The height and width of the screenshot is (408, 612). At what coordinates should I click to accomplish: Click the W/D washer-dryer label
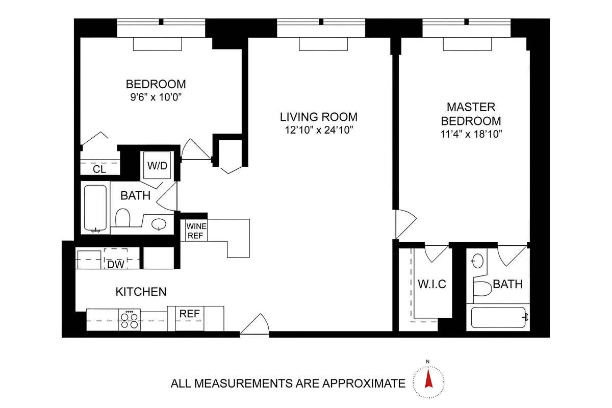(157, 166)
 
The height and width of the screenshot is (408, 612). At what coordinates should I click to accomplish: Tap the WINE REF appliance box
(196, 231)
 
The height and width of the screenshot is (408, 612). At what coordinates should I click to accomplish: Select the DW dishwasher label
(116, 264)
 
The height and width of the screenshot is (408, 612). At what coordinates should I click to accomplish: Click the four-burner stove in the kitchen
(129, 320)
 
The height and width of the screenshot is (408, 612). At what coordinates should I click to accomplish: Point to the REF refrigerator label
(190, 314)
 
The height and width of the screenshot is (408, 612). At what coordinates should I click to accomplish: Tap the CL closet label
(99, 169)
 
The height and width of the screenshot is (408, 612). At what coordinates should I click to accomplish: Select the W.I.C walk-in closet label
(432, 284)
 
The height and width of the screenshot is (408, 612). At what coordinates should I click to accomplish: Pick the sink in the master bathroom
(478, 261)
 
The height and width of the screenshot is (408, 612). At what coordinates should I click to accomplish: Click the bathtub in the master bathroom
(499, 318)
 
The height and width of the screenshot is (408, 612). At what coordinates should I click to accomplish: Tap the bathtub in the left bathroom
(95, 208)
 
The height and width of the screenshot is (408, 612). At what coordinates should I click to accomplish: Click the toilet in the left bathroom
(123, 218)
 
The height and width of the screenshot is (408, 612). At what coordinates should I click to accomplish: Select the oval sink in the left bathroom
(159, 224)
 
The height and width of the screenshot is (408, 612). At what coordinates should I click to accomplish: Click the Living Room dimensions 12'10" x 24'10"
(319, 130)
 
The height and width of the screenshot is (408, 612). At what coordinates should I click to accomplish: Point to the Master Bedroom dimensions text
(471, 134)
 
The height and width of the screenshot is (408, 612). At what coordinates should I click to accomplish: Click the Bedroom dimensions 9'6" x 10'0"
(156, 97)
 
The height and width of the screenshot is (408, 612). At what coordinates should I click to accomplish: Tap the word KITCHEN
(141, 292)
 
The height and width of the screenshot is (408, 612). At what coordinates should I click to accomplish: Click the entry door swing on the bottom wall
(254, 324)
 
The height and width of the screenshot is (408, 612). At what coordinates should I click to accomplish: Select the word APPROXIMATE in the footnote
(364, 384)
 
